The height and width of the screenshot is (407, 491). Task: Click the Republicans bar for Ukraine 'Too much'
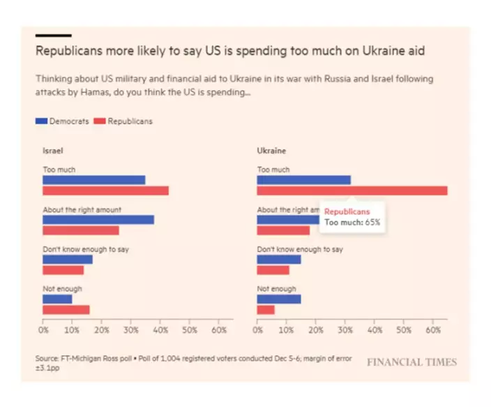(x=352, y=191)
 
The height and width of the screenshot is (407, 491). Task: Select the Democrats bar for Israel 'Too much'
(x=93, y=180)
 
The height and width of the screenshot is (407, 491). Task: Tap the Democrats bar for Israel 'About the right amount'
(x=98, y=220)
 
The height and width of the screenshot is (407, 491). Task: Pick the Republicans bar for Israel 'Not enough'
(x=66, y=310)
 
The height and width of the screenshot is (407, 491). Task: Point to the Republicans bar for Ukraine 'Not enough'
(x=266, y=310)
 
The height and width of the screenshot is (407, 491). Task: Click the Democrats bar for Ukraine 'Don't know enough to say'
(x=279, y=260)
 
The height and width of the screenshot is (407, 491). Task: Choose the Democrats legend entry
(x=63, y=121)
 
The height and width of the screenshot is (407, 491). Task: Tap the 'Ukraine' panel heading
(x=271, y=151)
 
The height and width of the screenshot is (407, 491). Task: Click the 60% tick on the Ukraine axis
(x=433, y=330)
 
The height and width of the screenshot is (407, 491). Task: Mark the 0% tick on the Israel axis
(x=44, y=330)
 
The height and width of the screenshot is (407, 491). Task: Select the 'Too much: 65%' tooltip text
(x=352, y=223)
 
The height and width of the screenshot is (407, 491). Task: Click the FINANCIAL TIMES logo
(x=411, y=362)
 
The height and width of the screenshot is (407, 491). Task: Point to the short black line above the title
(x=53, y=35)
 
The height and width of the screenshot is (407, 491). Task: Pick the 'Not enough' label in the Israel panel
(x=62, y=289)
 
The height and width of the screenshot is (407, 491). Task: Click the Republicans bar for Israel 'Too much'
(x=105, y=191)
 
